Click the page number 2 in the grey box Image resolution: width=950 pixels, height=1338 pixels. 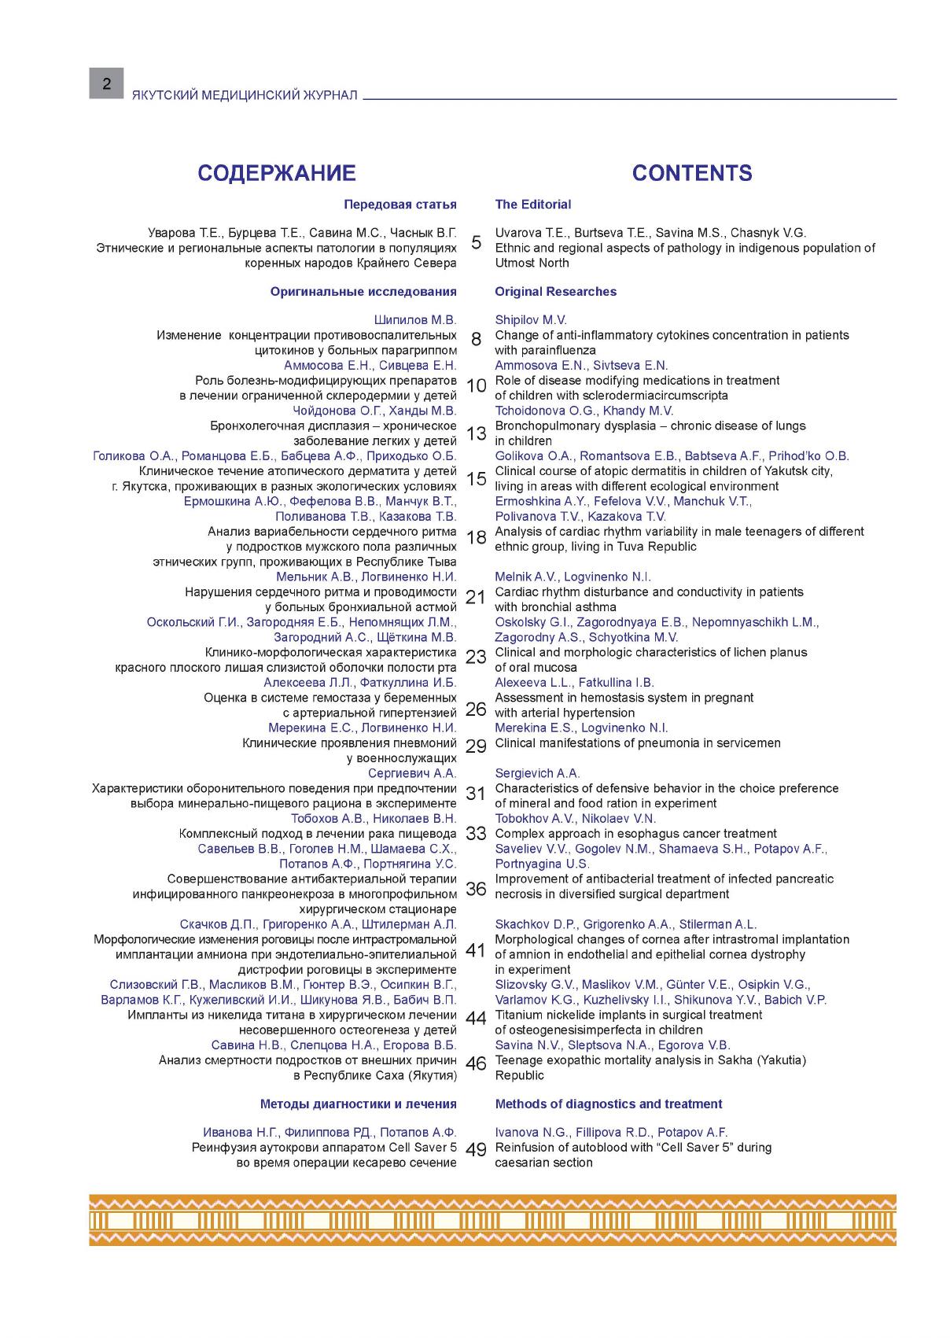pyautogui.click(x=106, y=83)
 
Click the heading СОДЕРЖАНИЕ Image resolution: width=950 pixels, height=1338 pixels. pyautogui.click(x=276, y=173)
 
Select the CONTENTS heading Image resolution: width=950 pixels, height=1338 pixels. pyautogui.click(x=691, y=173)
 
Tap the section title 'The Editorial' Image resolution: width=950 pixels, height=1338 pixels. pyautogui.click(x=532, y=205)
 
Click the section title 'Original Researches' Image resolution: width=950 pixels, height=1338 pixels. pyautogui.click(x=555, y=292)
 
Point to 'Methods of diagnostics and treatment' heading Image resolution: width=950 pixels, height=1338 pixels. pyautogui.click(x=608, y=1104)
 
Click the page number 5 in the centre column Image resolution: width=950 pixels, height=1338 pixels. pyautogui.click(x=476, y=242)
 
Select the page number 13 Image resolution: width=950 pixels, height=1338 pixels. pyautogui.click(x=477, y=434)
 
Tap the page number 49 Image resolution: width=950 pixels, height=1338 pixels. pyautogui.click(x=476, y=1149)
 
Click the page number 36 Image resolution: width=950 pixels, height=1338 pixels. pyautogui.click(x=476, y=889)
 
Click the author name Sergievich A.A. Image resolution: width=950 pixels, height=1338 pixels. pyautogui.click(x=537, y=774)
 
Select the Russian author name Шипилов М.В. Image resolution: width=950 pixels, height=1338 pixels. pyautogui.click(x=414, y=320)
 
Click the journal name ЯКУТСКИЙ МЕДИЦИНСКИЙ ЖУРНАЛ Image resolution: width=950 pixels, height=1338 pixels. pyautogui.click(x=245, y=95)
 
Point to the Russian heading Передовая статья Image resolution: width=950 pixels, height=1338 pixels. pyautogui.click(x=400, y=205)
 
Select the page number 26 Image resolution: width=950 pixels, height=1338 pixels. pyautogui.click(x=476, y=709)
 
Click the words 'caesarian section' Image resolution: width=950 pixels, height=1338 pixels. pyautogui.click(x=543, y=1163)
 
